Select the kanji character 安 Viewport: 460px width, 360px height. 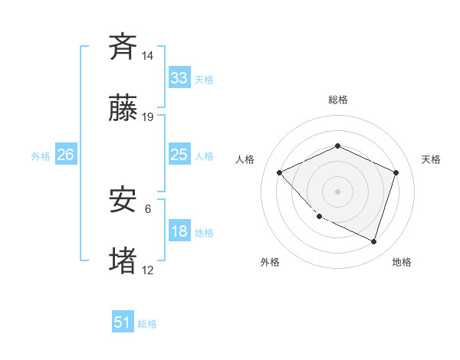click(123, 200)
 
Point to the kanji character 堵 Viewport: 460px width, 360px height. click(123, 261)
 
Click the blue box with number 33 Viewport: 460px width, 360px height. click(179, 77)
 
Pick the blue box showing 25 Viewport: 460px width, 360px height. click(179, 155)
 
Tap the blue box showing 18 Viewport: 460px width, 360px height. click(179, 231)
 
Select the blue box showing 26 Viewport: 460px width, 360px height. click(65, 155)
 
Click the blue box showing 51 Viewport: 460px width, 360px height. click(123, 322)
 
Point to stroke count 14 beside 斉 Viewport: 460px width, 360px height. click(148, 55)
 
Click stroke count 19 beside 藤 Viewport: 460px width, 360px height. click(148, 117)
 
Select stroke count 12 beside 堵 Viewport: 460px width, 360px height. click(148, 270)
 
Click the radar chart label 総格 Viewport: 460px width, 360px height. click(337, 100)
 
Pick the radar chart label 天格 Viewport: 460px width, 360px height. click(431, 159)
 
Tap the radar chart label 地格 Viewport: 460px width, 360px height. click(402, 262)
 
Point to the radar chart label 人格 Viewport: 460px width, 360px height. click(245, 159)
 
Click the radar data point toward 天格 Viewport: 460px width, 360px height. click(396, 172)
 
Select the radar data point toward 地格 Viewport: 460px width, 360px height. click(374, 241)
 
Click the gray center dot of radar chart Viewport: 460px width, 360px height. click(337, 191)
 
